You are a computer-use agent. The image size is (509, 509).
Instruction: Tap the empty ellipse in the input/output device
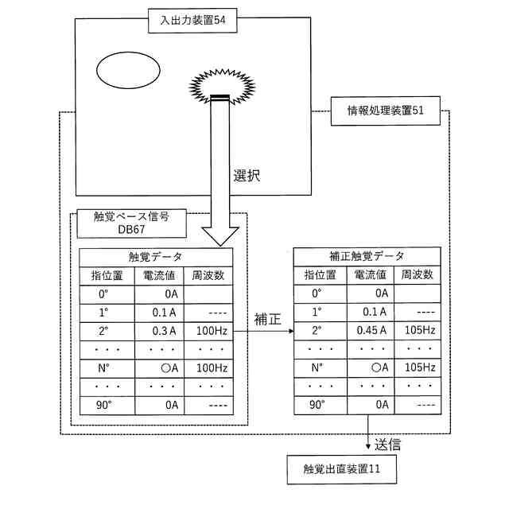127,72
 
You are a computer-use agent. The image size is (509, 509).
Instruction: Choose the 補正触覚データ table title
367,256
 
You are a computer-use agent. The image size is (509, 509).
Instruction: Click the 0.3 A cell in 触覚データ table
164,331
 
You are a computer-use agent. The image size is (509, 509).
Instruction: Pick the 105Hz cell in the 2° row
419,331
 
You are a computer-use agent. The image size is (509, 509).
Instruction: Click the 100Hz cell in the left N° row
209,368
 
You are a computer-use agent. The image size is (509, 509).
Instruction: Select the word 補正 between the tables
267,320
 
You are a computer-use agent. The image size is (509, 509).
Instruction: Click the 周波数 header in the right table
418,275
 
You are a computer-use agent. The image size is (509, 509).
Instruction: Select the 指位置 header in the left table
107,275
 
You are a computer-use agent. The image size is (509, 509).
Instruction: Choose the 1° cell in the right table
317,312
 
